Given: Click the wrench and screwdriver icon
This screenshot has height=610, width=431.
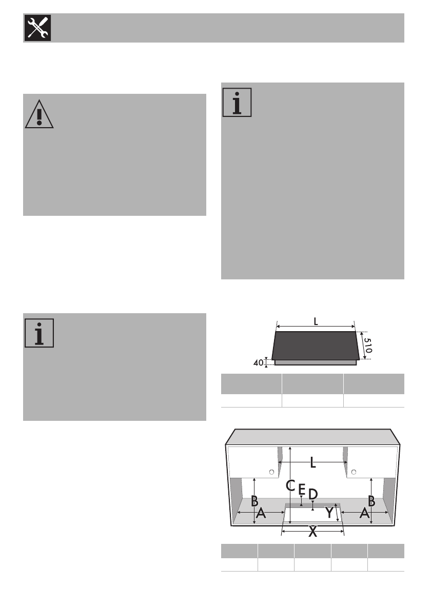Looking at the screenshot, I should pos(37,28).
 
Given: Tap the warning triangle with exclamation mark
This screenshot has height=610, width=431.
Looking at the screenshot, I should pos(39,114).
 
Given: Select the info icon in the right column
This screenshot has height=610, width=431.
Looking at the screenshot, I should pos(237,103).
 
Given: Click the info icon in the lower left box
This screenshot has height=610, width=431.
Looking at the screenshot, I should pos(39,333).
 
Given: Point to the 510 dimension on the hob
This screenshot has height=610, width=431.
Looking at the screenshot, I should pos(368,344).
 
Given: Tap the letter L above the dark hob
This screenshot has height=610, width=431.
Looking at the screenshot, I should pos(315,321).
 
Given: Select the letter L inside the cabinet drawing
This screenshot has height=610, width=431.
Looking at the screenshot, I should pos(313,463).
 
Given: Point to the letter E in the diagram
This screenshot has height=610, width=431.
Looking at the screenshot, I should pos(302,490).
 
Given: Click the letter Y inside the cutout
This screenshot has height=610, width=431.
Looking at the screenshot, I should pos(329,513).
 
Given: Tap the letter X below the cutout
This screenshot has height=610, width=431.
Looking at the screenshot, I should pos(312,533).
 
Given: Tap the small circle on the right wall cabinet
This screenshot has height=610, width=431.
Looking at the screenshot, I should pos(354,472).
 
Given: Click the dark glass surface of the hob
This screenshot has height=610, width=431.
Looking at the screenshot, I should pos(314,344).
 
